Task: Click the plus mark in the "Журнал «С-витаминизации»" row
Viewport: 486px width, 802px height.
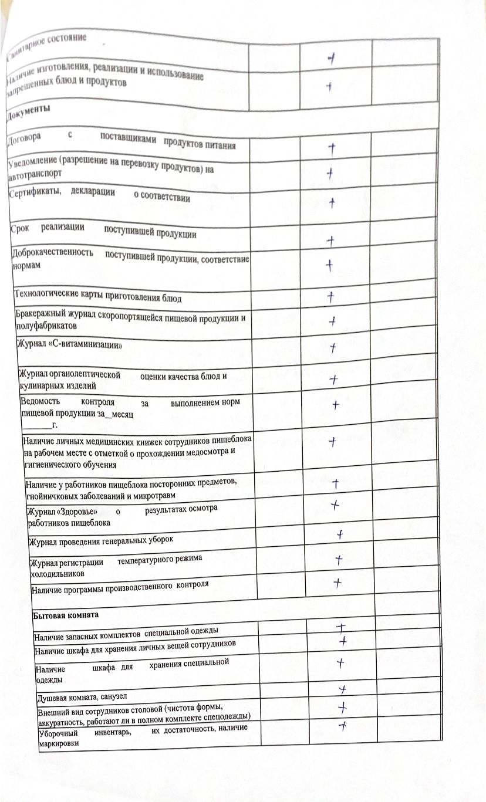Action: pyautogui.click(x=333, y=348)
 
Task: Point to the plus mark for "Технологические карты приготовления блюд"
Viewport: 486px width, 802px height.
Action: pyautogui.click(x=332, y=296)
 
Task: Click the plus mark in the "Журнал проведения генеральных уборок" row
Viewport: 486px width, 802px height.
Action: pyautogui.click(x=339, y=534)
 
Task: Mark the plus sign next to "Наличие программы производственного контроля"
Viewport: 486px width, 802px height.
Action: pyautogui.click(x=338, y=582)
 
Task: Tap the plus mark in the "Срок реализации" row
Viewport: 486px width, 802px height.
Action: pyautogui.click(x=331, y=241)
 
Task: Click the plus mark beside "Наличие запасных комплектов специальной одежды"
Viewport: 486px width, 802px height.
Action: pyautogui.click(x=340, y=627)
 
